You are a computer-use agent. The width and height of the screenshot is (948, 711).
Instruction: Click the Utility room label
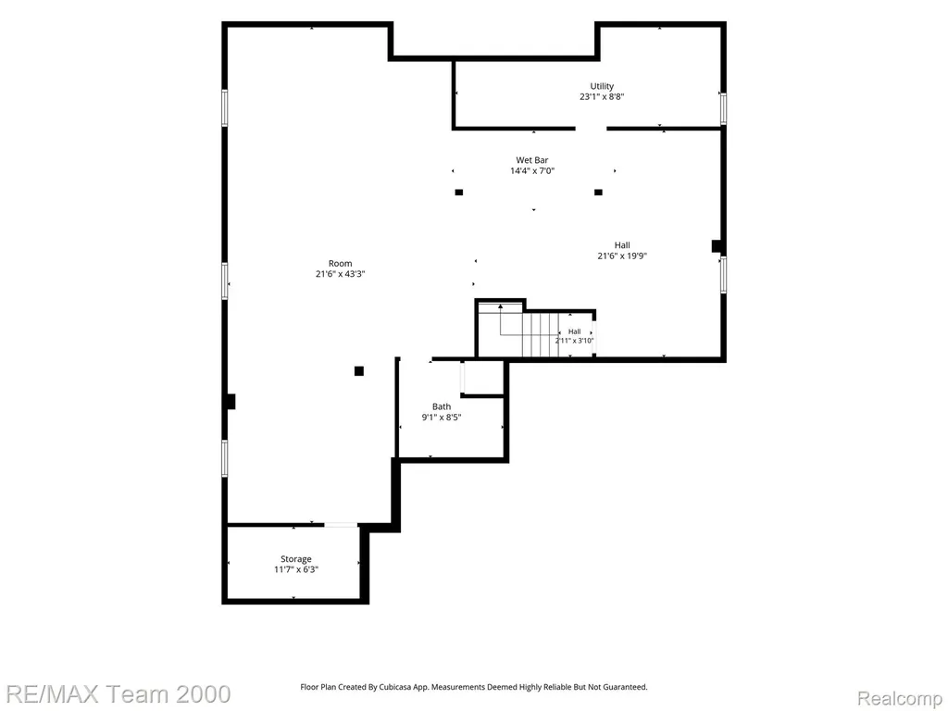coord(602,86)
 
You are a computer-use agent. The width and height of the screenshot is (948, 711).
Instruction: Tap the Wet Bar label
coord(532,160)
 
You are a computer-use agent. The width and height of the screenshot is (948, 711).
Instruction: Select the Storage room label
coord(295,559)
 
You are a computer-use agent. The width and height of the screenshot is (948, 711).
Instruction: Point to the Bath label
coord(442,407)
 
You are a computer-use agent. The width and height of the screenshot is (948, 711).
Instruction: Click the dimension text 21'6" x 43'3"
coord(341,274)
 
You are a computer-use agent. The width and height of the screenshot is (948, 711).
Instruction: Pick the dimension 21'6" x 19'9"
coord(622,256)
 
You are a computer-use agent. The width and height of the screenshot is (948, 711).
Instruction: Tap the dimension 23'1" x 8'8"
coord(602,96)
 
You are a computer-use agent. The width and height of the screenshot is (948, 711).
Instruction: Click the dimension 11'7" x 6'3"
coord(295,569)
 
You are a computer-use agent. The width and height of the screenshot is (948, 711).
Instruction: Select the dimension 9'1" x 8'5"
coord(442,418)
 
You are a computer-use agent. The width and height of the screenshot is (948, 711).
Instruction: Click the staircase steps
coord(541,334)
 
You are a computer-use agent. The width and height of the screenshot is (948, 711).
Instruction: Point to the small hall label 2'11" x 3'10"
coord(574,336)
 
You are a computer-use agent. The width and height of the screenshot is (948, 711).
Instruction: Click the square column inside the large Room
coord(359,371)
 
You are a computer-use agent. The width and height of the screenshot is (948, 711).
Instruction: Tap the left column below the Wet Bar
coord(459,193)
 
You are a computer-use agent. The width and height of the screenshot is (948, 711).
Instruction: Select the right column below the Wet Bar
coord(599,193)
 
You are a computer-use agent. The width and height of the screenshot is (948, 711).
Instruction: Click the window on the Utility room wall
coord(723,109)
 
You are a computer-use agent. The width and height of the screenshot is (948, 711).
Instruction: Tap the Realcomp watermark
coord(900,698)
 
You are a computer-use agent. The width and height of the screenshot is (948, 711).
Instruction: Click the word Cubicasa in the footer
coord(394,687)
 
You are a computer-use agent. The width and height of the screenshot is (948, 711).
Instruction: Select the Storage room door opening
coord(341,525)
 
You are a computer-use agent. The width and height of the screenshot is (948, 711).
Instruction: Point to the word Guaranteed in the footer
coord(629,687)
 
